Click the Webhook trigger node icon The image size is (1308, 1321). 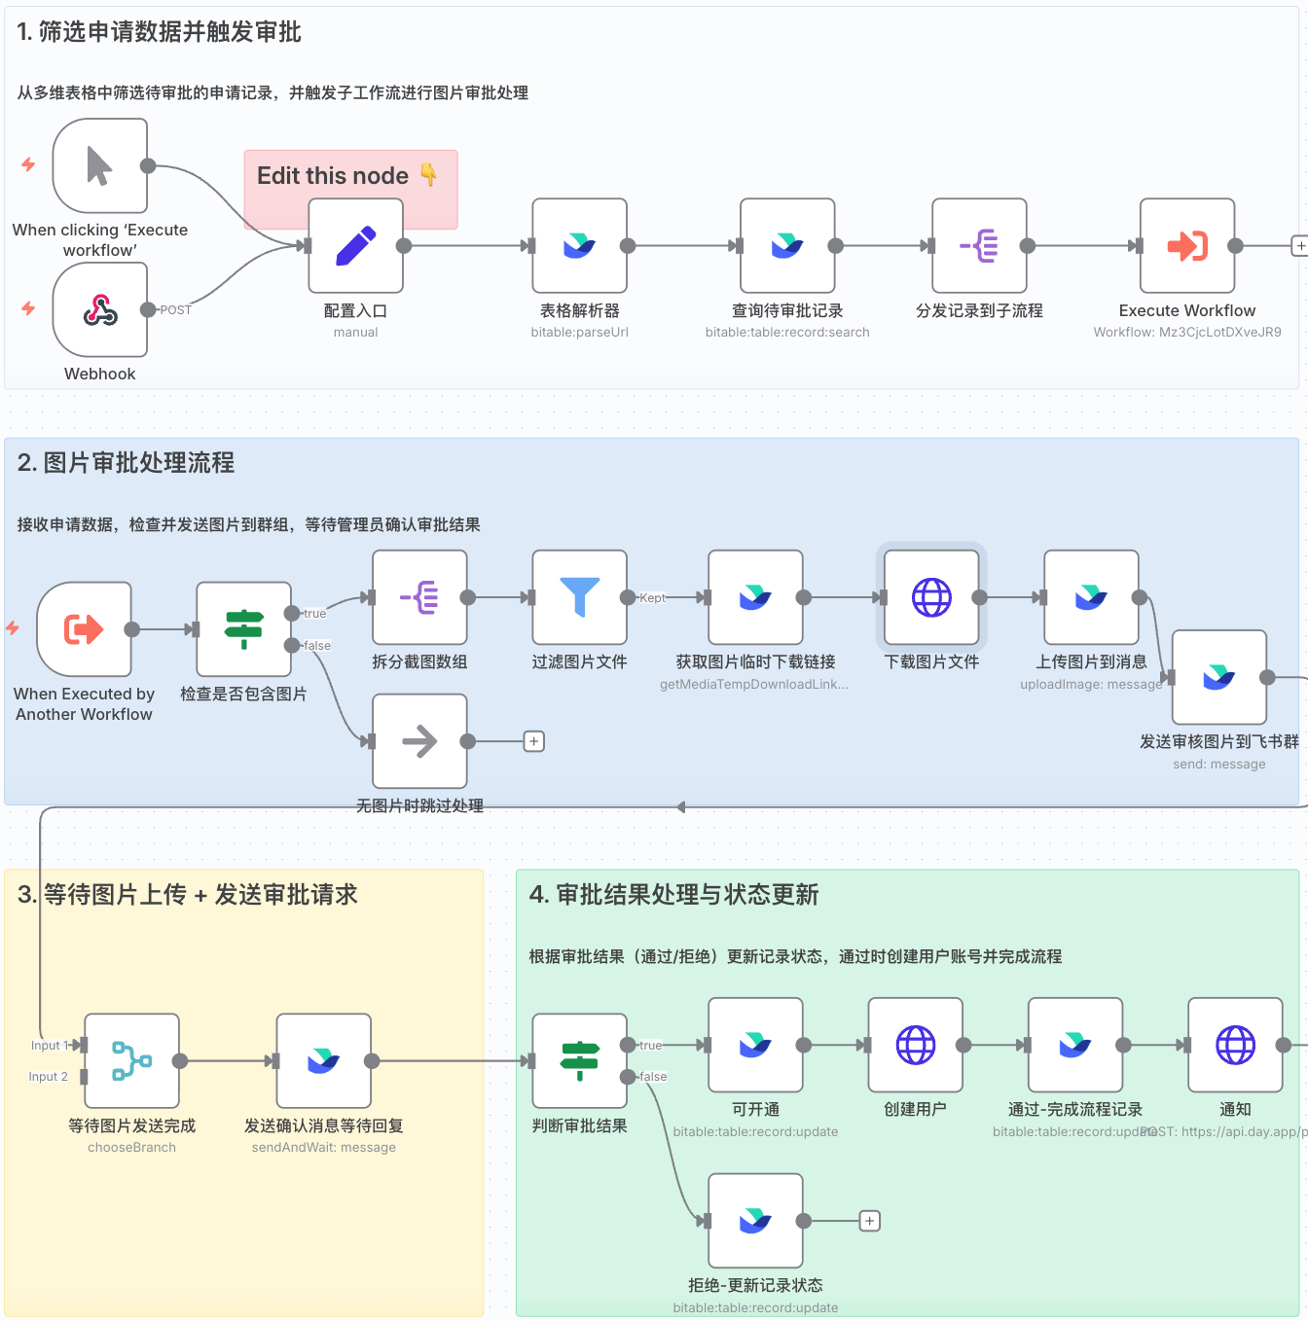pyautogui.click(x=100, y=310)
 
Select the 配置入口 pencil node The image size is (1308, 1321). pyautogui.click(x=356, y=246)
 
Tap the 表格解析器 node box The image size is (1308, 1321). pyautogui.click(x=580, y=246)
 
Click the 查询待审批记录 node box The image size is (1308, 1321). pyautogui.click(x=787, y=246)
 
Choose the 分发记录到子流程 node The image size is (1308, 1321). pyautogui.click(x=979, y=246)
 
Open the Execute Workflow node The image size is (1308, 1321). pyautogui.click(x=1187, y=246)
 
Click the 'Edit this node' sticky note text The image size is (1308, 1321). pyautogui.click(x=333, y=176)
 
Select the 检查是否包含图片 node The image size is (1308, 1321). pyautogui.click(x=244, y=629)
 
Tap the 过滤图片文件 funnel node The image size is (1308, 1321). pyautogui.click(x=580, y=597)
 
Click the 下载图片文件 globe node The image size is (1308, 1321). pyautogui.click(x=931, y=597)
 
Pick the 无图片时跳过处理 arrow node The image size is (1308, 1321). pyautogui.click(x=419, y=741)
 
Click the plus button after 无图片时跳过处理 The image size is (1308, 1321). pyautogui.click(x=534, y=741)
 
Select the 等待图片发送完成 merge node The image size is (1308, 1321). pyautogui.click(x=132, y=1061)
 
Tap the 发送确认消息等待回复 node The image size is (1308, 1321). pyautogui.click(x=324, y=1061)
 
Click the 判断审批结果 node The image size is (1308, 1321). pyautogui.click(x=580, y=1061)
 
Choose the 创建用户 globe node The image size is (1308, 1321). pyautogui.click(x=916, y=1046)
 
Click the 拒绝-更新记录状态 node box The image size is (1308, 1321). pyautogui.click(x=755, y=1221)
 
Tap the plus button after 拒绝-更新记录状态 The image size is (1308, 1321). pyautogui.click(x=870, y=1221)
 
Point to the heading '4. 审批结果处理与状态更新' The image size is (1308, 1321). pyautogui.click(x=673, y=895)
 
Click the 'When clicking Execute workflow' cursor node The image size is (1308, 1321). pyautogui.click(x=100, y=166)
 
